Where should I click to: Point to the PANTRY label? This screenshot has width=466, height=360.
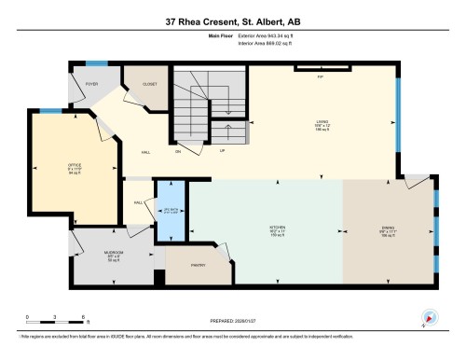199,265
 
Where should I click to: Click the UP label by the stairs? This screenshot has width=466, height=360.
223,149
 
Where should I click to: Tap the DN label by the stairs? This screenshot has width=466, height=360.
178,149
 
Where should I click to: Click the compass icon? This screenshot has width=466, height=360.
428,316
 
